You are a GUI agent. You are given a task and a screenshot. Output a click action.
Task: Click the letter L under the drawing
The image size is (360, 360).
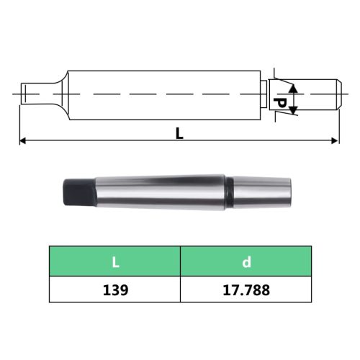pos(179,133)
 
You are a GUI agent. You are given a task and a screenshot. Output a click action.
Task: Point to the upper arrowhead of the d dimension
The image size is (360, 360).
pos(292,88)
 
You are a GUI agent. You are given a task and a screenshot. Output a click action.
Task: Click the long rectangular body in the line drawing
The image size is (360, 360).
pos(162,94)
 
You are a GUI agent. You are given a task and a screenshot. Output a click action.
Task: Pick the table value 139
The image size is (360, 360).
pos(114,290)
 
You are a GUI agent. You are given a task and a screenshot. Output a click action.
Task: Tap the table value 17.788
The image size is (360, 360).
pos(245,290)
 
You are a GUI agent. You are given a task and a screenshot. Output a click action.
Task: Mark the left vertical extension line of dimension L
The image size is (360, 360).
pos(19,122)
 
